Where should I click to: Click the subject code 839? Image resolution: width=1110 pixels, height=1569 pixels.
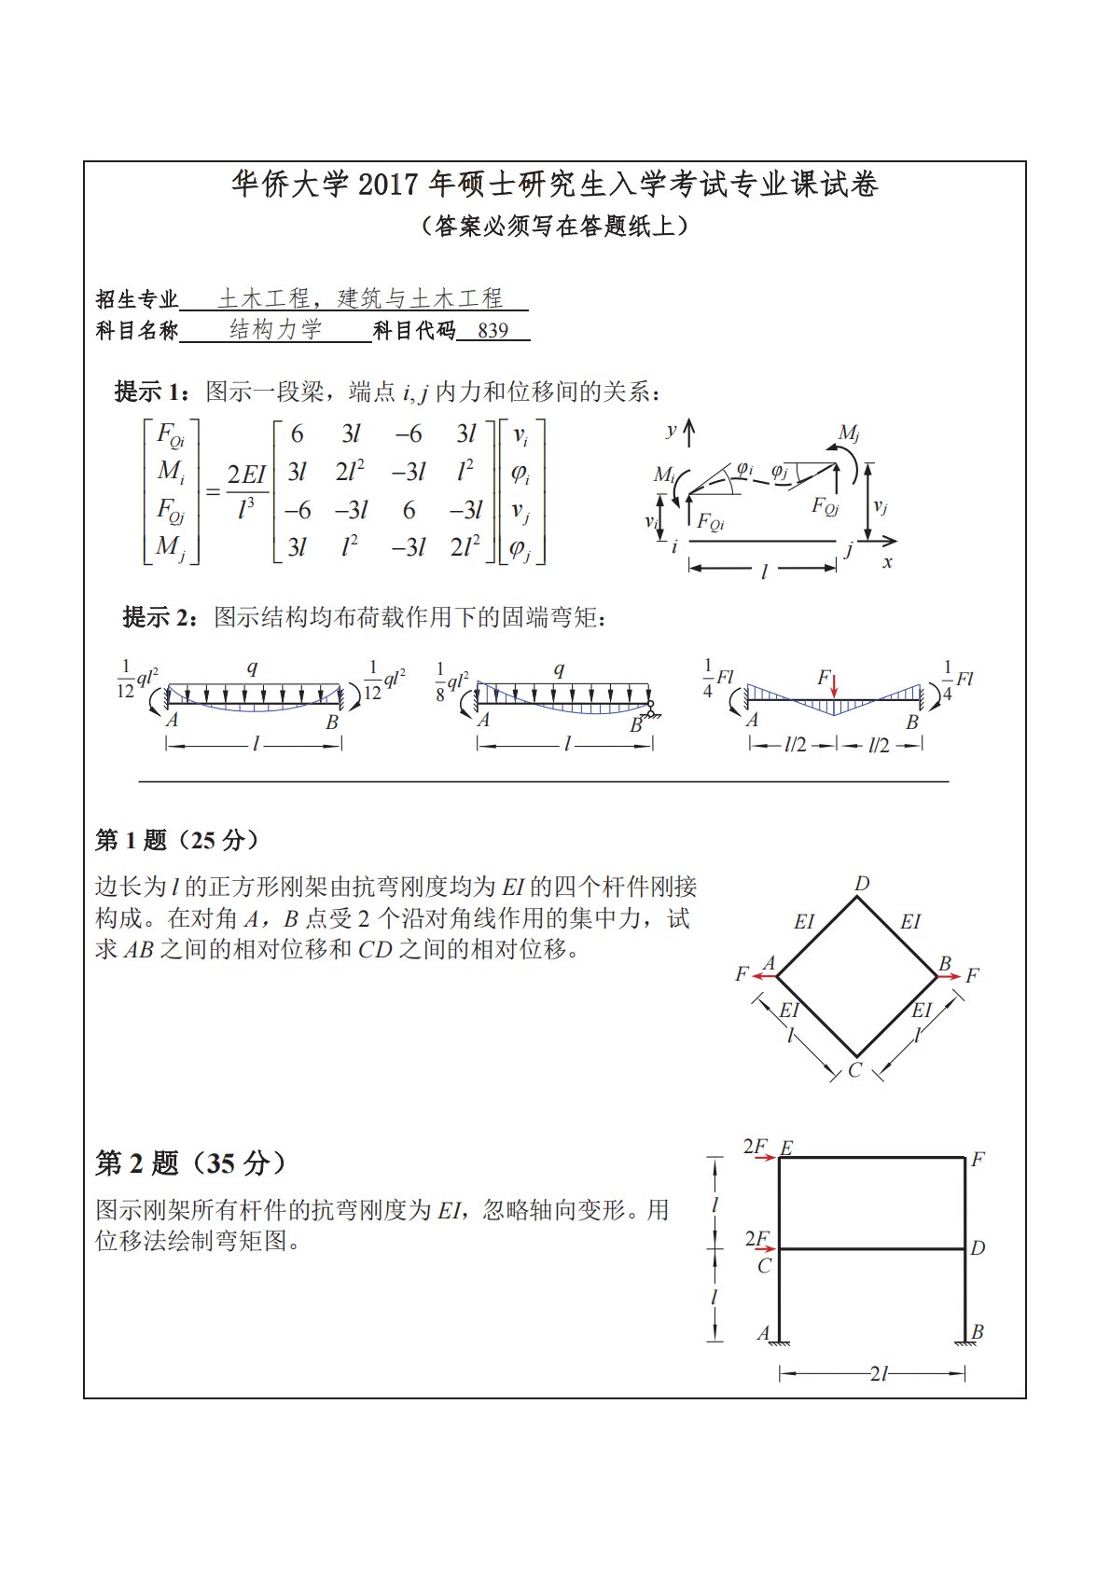[493, 331]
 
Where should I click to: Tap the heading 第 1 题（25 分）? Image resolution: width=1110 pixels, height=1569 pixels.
[177, 840]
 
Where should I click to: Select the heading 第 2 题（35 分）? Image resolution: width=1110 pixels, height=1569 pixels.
[191, 1163]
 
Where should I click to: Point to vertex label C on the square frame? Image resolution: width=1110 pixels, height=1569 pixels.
[855, 1070]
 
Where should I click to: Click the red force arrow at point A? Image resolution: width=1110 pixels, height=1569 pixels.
[765, 976]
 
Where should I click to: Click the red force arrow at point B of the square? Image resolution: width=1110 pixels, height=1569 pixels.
[949, 976]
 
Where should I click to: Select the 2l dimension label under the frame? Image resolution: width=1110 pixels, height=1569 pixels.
[878, 1373]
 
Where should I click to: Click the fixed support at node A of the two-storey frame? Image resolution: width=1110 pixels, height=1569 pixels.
[779, 1342]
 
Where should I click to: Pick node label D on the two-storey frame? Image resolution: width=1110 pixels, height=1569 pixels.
[978, 1247]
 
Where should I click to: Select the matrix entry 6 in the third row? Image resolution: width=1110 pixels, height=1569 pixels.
[409, 510]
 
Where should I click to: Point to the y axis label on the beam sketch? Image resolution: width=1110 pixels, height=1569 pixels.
[671, 430]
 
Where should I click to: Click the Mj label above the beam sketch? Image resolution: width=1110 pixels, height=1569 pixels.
[848, 433]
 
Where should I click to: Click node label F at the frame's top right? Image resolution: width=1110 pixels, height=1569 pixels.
[978, 1160]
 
